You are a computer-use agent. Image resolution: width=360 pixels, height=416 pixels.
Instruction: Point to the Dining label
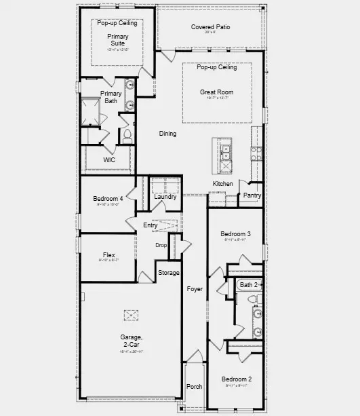click(167, 134)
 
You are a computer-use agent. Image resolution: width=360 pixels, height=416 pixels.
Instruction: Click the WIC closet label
click(109, 159)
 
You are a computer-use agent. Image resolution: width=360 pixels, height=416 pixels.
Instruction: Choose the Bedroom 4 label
click(108, 199)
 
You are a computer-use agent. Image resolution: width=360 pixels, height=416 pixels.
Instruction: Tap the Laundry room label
click(165, 197)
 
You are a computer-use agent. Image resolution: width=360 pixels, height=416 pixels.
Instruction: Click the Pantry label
click(252, 195)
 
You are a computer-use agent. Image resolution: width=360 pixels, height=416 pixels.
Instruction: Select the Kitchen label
click(223, 184)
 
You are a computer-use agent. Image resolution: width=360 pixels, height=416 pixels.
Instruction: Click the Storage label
click(169, 273)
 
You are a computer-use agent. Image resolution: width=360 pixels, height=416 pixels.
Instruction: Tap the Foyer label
click(195, 289)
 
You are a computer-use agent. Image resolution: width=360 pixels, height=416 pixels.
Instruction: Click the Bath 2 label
click(249, 285)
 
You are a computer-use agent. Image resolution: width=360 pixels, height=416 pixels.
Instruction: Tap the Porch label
click(194, 387)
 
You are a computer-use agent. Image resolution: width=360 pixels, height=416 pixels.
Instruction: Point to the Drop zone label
click(161, 246)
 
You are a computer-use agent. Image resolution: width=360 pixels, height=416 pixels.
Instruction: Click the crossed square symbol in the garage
click(130, 315)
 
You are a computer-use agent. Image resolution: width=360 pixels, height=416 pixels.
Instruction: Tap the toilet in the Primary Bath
click(127, 134)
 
